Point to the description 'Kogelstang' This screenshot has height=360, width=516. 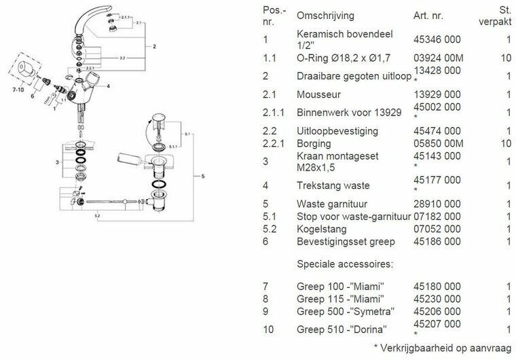322,229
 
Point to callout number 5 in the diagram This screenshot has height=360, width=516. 202,177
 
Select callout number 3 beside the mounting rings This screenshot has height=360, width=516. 58,162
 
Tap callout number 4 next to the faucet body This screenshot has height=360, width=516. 108,86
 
